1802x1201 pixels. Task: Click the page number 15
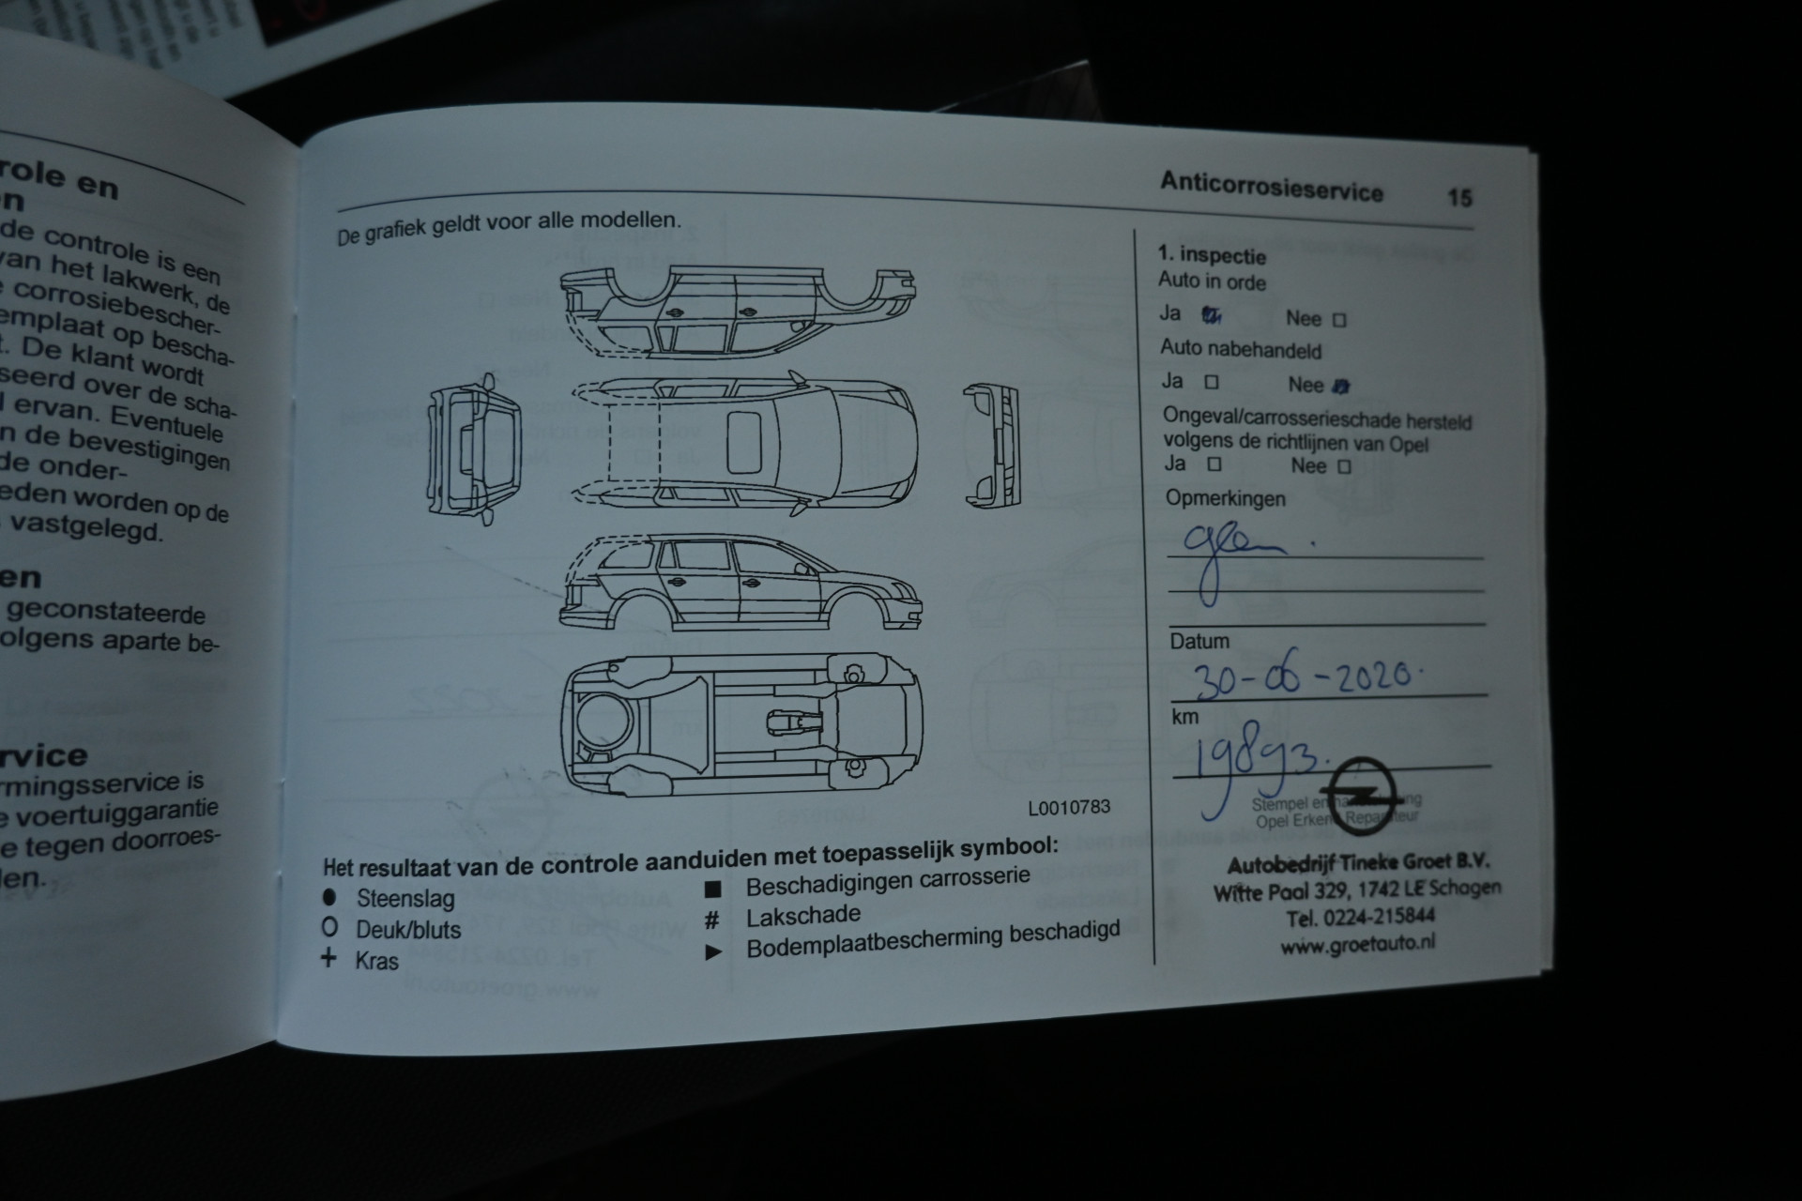click(x=1459, y=197)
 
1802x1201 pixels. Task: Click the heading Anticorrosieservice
click(x=1271, y=187)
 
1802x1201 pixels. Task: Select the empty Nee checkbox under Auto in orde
click(x=1339, y=320)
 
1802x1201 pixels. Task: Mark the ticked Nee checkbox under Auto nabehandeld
click(x=1341, y=386)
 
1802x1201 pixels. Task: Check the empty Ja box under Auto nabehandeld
click(x=1212, y=382)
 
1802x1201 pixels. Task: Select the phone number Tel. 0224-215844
click(x=1360, y=918)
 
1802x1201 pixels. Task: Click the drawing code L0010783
click(x=1069, y=807)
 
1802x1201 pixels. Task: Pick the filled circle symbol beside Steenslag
click(x=329, y=897)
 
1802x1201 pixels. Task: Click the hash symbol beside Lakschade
click(x=712, y=919)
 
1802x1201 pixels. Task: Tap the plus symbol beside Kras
click(x=328, y=959)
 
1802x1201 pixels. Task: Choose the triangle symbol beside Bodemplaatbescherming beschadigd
click(x=713, y=952)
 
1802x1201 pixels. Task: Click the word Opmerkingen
click(x=1225, y=498)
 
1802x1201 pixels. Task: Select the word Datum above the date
click(x=1199, y=642)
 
